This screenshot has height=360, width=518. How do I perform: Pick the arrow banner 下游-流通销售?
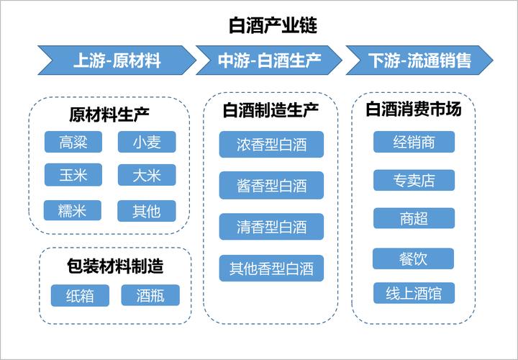tap(419, 60)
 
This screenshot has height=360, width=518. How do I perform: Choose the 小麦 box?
tap(146, 142)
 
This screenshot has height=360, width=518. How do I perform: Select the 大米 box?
tap(146, 175)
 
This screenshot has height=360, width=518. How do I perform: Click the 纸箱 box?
tap(80, 295)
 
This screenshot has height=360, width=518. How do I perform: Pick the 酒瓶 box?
tap(150, 295)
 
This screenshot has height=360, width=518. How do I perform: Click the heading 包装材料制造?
tap(115, 266)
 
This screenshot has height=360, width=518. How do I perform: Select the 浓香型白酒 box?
tap(271, 145)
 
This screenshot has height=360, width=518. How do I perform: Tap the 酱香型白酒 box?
tap(271, 185)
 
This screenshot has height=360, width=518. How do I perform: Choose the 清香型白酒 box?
tap(271, 227)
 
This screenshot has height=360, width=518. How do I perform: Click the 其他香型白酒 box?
tap(271, 269)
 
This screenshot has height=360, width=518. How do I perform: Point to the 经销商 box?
tap(414, 142)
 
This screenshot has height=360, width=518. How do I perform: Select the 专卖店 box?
tap(414, 180)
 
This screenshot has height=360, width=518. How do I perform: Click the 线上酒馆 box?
tap(414, 293)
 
